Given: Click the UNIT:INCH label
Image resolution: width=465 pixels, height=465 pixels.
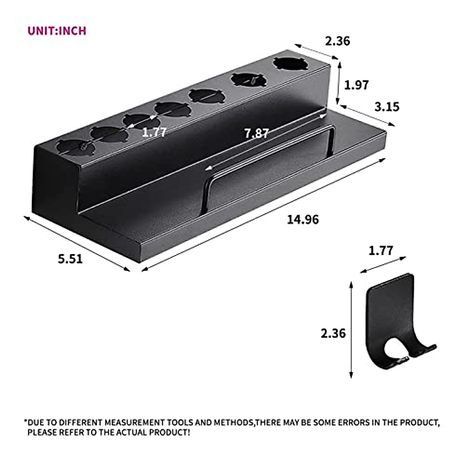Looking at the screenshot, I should [57, 31].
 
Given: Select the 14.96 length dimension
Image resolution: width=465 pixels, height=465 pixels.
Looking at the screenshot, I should [303, 219].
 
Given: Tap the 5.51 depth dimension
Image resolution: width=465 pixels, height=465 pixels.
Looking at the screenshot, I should [70, 258].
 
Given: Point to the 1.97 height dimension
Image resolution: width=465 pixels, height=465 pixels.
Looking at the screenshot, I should [356, 84].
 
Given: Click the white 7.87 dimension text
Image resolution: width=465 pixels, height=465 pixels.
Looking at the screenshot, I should [256, 133].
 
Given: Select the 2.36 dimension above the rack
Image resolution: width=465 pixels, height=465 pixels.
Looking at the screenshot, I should [337, 41].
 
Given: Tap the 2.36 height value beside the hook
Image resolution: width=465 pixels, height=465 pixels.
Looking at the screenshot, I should [333, 333].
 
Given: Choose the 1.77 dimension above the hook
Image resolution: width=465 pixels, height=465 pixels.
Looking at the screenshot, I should [381, 250].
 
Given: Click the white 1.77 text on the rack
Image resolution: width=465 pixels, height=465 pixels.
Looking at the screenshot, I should [154, 132].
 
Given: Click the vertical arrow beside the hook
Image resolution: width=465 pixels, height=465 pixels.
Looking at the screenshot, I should [351, 329].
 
